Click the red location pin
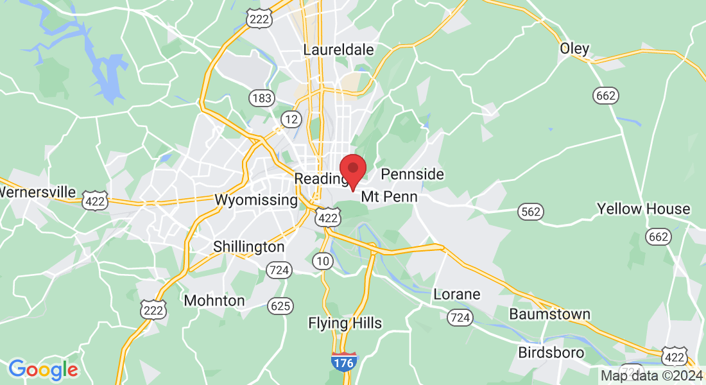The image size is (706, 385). coord(352,169)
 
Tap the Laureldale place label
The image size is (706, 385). coord(338,50)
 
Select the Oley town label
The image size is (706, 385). coord(574,49)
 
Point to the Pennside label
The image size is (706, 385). coord(412,175)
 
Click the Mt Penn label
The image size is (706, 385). coord(389,197)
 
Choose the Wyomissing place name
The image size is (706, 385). coord(256,200)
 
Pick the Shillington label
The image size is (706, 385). coord(248,247)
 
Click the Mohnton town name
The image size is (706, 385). coord(214,300)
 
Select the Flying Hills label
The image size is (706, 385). coord(345,323)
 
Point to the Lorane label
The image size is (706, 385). coord(457,295)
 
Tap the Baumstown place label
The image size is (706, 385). coord(549,314)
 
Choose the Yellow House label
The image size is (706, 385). coord(643,209)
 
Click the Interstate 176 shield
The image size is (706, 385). coord(345,362)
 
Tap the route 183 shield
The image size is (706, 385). coord(262,98)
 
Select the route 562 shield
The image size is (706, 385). coord(531,212)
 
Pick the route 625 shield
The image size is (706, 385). coord(280,306)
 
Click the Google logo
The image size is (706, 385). coord(43,369)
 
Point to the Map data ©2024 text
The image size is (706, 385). coord(652,375)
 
